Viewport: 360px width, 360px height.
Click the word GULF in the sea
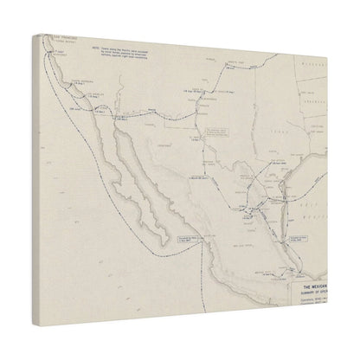[319, 196]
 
